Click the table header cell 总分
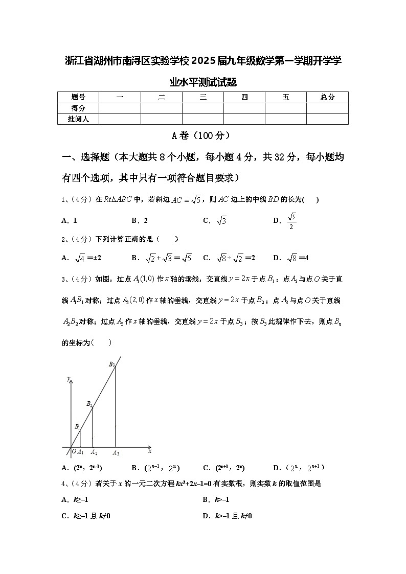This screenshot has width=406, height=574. (x=327, y=97)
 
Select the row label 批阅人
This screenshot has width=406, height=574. (x=78, y=119)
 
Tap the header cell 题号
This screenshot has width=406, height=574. (x=78, y=97)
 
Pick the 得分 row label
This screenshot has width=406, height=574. (x=78, y=108)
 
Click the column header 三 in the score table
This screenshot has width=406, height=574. (x=203, y=97)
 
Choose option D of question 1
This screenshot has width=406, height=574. (x=285, y=221)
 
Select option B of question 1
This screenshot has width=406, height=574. (x=140, y=221)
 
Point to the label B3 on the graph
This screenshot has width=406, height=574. (x=112, y=364)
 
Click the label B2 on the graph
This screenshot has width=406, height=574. (x=89, y=404)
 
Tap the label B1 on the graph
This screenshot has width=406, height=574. (x=77, y=426)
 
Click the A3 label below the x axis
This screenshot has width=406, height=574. (x=116, y=452)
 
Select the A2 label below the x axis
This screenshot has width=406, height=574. (x=94, y=452)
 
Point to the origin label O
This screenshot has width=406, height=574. (x=74, y=451)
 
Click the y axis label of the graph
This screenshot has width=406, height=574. (x=68, y=379)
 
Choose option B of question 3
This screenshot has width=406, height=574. (x=155, y=468)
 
